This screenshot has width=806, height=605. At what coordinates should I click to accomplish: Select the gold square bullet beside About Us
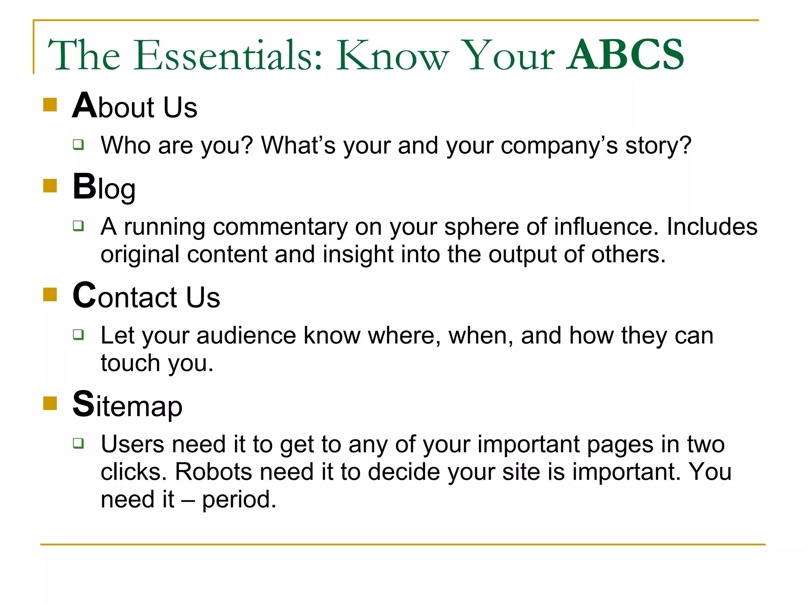50,105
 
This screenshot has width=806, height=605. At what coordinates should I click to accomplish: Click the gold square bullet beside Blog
50,186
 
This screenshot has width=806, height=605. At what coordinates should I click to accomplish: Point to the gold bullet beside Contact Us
50,294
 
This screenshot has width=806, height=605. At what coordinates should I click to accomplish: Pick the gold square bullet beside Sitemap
50,403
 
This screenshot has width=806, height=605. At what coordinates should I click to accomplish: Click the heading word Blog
104,188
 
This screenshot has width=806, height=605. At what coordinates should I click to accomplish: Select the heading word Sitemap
128,406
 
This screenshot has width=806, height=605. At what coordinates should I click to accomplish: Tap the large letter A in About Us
84,106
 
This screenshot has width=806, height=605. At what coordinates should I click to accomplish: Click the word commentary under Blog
280,227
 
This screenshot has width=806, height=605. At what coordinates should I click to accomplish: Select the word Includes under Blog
712,227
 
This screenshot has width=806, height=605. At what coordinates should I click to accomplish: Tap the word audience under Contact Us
246,336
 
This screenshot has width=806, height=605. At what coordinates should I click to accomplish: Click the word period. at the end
239,500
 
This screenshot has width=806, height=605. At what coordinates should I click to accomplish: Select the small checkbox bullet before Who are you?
78,144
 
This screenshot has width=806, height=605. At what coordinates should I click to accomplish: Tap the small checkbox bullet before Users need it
78,443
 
